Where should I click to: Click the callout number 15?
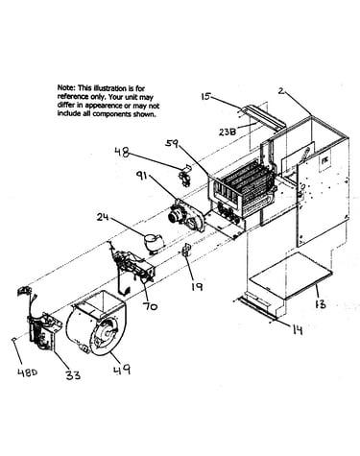(206, 96)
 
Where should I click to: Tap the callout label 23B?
(228, 132)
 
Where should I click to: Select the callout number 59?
(173, 143)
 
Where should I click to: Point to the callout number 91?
(143, 176)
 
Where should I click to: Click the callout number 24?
(103, 217)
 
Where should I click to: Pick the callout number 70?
(151, 306)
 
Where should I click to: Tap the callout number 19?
(197, 286)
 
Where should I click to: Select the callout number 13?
(320, 303)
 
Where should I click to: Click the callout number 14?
(297, 329)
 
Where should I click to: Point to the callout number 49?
(122, 371)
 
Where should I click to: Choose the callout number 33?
(73, 374)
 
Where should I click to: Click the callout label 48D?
(27, 372)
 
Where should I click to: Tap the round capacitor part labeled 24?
(153, 242)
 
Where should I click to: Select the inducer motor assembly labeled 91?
(186, 215)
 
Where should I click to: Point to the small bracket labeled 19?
(186, 250)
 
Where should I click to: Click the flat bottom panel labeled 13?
(290, 276)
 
